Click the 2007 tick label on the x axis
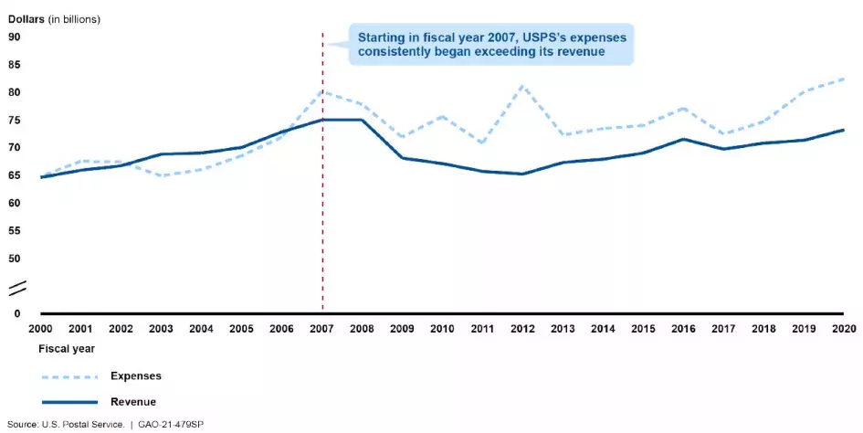322,327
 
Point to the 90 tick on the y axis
15,37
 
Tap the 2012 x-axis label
523,327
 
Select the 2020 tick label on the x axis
844,327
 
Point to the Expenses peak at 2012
523,86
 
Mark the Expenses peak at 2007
322,91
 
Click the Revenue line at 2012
523,174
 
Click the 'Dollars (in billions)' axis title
55,18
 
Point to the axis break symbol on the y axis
18,290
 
